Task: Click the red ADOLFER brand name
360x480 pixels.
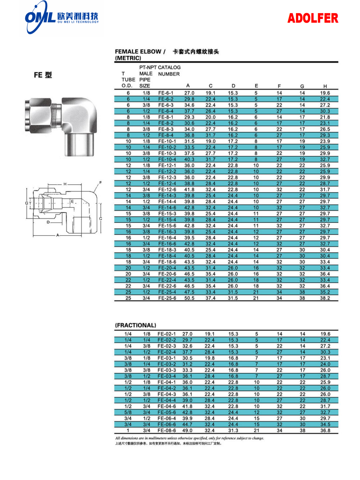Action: click(312, 18)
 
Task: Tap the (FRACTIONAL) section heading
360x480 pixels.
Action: click(135, 325)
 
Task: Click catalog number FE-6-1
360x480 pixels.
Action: click(166, 93)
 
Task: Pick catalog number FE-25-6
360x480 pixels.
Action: click(167, 298)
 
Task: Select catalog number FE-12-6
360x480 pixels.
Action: click(167, 190)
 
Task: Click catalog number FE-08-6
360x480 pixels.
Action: click(166, 431)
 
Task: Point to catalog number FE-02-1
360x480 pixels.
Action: click(166, 334)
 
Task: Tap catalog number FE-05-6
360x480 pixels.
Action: click(166, 412)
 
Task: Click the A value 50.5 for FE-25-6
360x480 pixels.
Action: click(189, 298)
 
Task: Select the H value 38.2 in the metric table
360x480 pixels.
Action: click(325, 298)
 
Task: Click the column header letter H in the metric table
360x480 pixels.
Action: click(325, 86)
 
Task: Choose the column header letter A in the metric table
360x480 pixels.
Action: click(188, 86)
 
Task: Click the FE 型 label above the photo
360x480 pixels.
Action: click(43, 75)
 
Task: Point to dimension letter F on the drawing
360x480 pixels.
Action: click(100, 182)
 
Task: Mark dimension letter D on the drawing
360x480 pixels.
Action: click(48, 222)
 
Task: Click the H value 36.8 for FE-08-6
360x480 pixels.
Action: click(325, 431)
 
